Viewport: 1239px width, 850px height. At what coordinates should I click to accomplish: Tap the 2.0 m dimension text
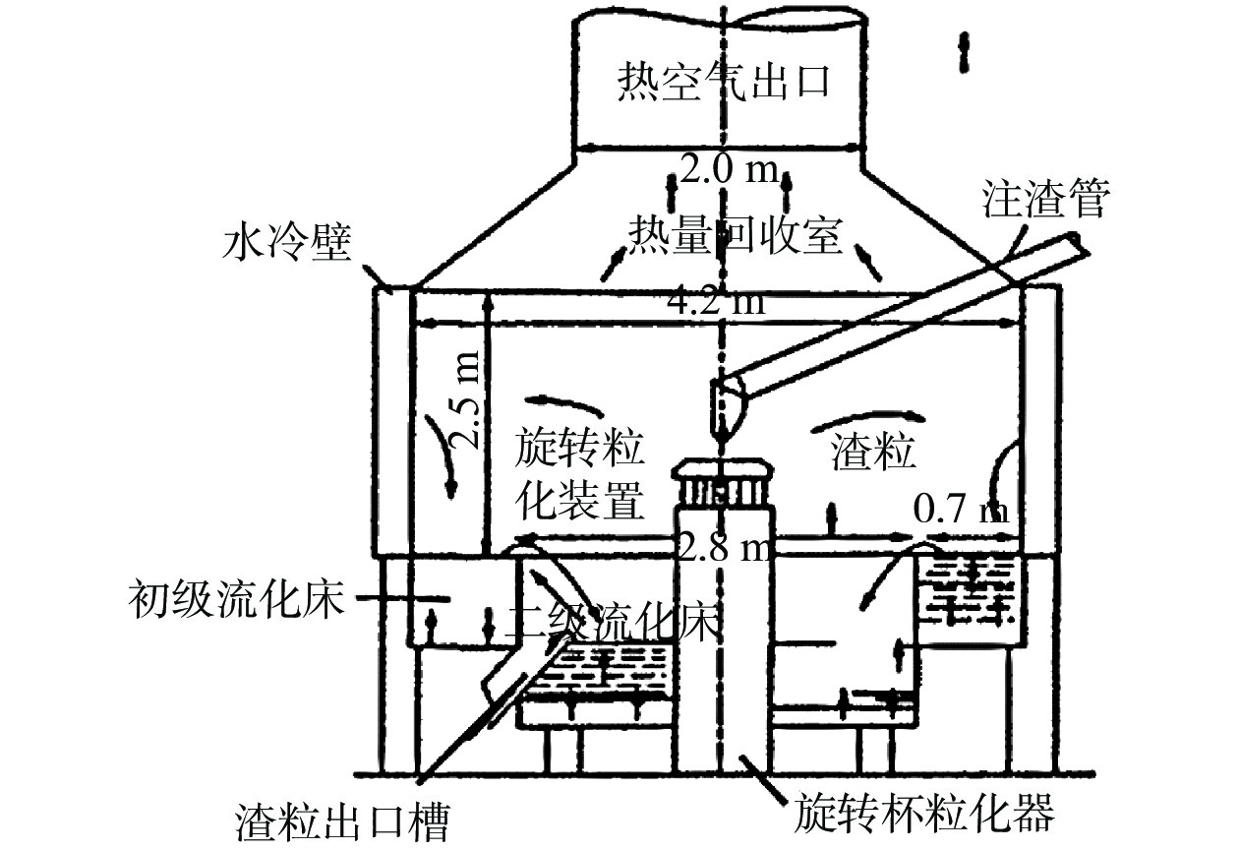click(728, 170)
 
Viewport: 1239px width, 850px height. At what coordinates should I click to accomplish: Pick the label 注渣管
click(1045, 200)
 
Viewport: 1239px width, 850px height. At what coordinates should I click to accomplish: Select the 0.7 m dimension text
click(961, 511)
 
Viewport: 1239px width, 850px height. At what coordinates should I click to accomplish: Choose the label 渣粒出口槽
click(343, 819)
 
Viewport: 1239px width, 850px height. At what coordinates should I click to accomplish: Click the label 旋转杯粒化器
click(923, 814)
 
